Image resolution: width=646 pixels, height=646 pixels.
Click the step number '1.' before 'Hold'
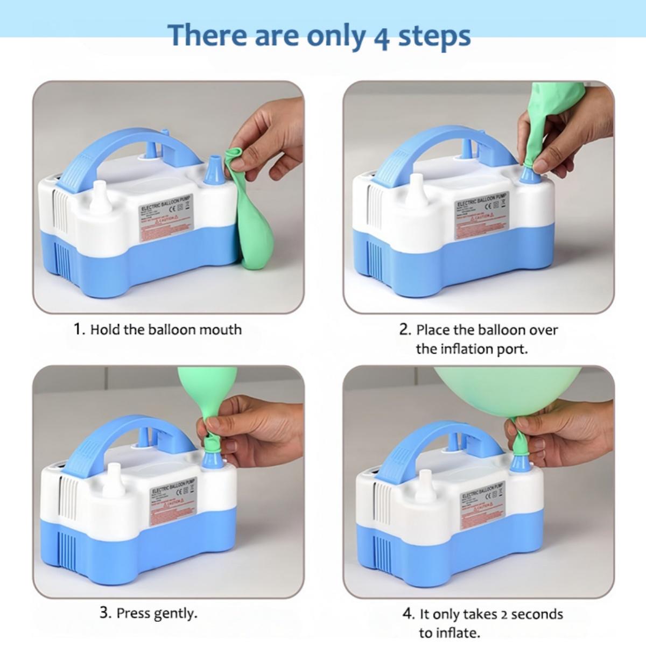click(x=79, y=329)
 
